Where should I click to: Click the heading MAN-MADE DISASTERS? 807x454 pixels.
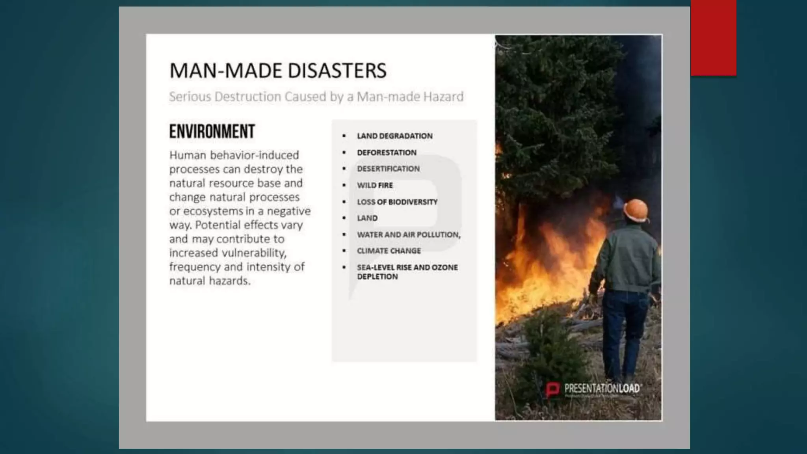278,71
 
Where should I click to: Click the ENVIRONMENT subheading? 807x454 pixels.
212,132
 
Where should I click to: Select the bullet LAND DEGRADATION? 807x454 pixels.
394,136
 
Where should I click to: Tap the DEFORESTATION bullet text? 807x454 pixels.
387,153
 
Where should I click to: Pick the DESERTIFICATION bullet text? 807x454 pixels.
388,169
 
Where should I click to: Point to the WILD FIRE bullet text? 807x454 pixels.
375,185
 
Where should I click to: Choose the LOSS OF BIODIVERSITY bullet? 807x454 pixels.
397,202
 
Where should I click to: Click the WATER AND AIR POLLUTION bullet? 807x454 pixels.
409,234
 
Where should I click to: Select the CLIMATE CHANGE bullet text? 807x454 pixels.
389,251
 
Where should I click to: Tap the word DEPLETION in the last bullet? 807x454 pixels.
377,277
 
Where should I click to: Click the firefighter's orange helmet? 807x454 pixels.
636,210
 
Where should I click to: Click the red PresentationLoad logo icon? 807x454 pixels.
552,389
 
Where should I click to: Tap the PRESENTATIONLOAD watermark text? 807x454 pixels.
602,389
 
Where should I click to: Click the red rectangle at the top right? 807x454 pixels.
713,38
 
